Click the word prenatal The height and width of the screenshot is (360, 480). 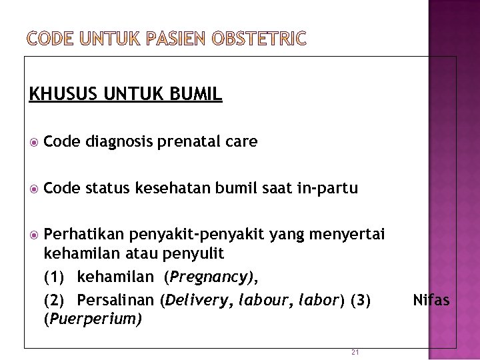point(188,141)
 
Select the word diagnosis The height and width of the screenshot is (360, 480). point(119,141)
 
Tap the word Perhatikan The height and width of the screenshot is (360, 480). point(85,234)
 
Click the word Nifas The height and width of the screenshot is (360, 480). point(431,300)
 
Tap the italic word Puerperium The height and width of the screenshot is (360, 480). point(93,319)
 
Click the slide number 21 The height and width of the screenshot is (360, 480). point(355,352)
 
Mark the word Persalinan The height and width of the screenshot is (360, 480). point(116,300)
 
